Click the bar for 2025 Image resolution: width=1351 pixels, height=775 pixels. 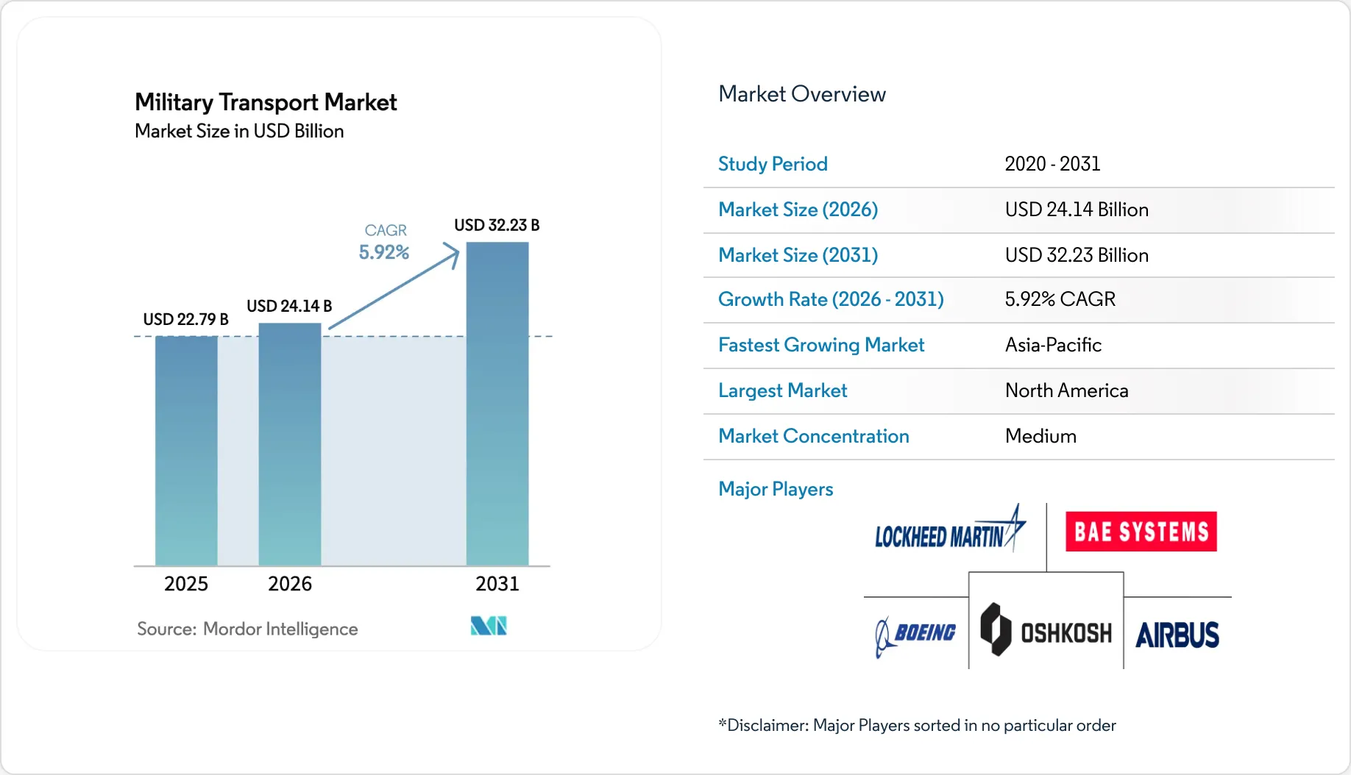[x=186, y=450]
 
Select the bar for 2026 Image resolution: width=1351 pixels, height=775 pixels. [x=290, y=444]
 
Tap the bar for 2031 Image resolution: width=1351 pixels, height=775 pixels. [x=497, y=404]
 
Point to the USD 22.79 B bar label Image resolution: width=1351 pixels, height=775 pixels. [x=185, y=319]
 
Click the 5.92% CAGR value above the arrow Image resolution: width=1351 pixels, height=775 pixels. [x=384, y=252]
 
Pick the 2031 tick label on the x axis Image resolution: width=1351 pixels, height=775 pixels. [x=497, y=584]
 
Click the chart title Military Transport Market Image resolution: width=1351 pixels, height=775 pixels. [x=266, y=102]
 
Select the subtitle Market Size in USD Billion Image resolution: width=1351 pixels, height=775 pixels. [x=239, y=131]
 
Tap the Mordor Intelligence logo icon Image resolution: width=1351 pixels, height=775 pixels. [x=489, y=626]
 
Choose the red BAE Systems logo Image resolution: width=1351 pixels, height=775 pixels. [x=1141, y=531]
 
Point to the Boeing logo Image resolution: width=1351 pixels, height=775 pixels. [x=915, y=635]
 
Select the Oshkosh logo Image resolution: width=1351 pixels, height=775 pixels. [x=1046, y=630]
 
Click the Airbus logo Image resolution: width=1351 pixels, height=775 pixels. [x=1177, y=635]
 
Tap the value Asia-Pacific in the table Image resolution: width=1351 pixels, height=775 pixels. [x=1053, y=345]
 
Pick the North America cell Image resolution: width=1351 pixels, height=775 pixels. [x=1066, y=390]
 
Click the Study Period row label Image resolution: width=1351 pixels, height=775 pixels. [x=773, y=164]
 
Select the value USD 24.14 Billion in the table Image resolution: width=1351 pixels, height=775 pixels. [x=1077, y=210]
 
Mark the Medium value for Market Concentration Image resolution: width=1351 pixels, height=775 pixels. [x=1040, y=436]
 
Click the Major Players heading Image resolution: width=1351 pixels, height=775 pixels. [x=776, y=489]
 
